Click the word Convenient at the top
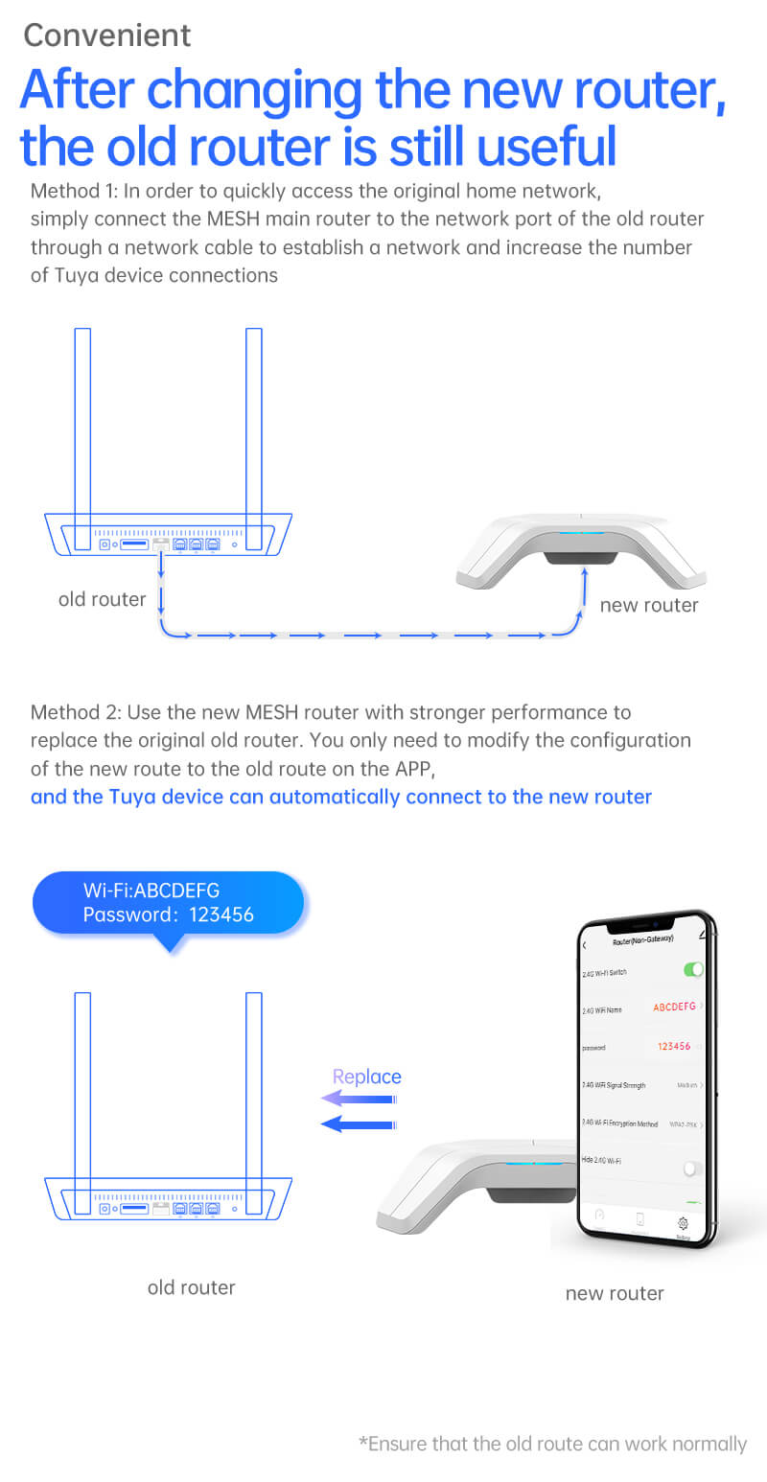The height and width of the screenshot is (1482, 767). click(x=106, y=35)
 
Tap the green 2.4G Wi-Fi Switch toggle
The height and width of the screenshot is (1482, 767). click(x=693, y=969)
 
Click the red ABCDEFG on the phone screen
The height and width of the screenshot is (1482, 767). click(x=674, y=1007)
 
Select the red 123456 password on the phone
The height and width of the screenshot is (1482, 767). click(x=674, y=1046)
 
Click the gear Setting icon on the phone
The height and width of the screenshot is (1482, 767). click(x=683, y=1223)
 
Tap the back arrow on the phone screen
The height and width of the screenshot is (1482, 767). click(x=586, y=945)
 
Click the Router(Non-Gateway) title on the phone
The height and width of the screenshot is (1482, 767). click(x=643, y=941)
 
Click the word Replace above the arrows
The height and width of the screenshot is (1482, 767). click(x=366, y=1077)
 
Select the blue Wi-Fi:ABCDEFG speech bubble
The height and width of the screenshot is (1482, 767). click(x=168, y=903)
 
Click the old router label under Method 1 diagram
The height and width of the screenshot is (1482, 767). click(x=102, y=599)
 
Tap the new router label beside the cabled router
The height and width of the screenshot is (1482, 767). click(x=648, y=605)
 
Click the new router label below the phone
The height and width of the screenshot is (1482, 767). click(x=614, y=1293)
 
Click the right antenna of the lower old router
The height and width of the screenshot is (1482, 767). click(x=254, y=1102)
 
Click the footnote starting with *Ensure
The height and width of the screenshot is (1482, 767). click(x=552, y=1444)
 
